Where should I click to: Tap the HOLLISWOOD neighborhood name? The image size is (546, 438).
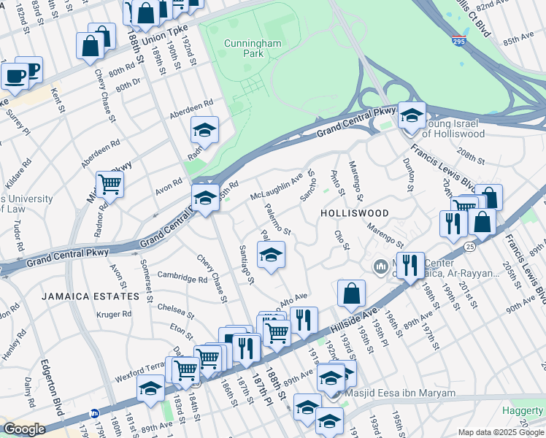(353, 212)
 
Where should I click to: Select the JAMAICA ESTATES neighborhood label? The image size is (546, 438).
(90, 296)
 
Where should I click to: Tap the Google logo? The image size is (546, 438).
(24, 429)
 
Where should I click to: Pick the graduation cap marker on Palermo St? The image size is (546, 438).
(271, 255)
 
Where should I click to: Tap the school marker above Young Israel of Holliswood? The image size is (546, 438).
(412, 116)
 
